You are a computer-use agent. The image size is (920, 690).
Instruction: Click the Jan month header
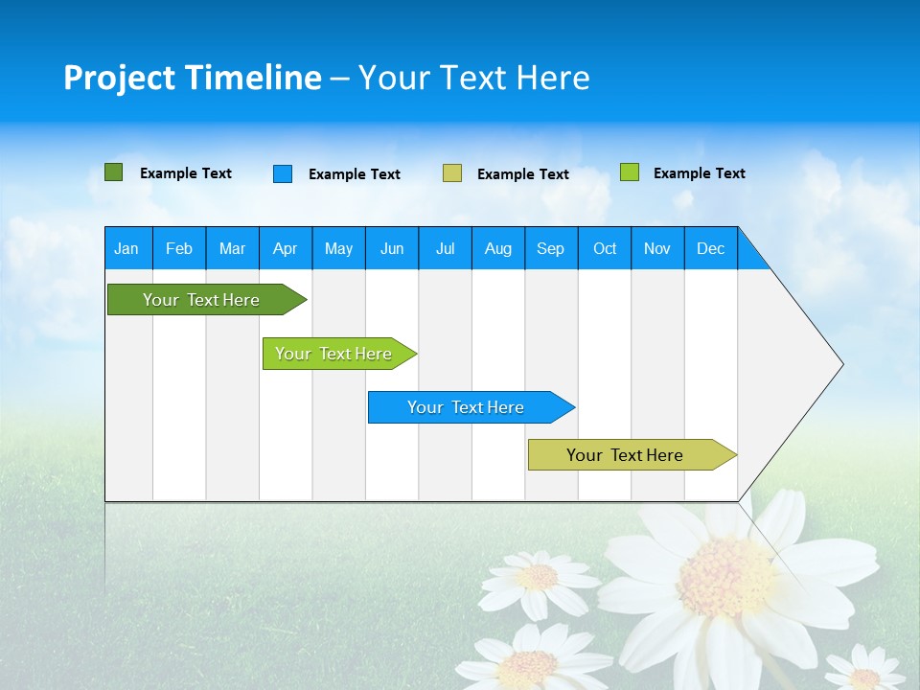126,248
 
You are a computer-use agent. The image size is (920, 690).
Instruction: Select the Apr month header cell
286,248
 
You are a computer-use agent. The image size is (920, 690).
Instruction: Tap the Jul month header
445,248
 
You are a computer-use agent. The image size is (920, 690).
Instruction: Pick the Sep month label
550,248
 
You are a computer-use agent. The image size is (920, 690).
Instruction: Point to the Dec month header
710,248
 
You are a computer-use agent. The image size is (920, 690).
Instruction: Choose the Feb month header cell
179,248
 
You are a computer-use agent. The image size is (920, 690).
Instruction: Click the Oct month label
605,248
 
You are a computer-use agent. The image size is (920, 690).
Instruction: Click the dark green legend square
114,172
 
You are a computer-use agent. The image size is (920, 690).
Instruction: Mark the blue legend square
283,173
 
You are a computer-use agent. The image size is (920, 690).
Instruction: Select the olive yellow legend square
452,173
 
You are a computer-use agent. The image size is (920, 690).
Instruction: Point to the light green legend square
630,172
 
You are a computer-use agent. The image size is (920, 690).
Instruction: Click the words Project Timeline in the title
193,78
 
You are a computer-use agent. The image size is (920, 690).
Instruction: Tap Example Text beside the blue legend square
355,174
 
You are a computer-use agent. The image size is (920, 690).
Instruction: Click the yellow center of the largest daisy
726,578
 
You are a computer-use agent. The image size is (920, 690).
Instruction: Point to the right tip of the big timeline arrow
841,364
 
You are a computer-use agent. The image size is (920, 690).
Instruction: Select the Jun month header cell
392,248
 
